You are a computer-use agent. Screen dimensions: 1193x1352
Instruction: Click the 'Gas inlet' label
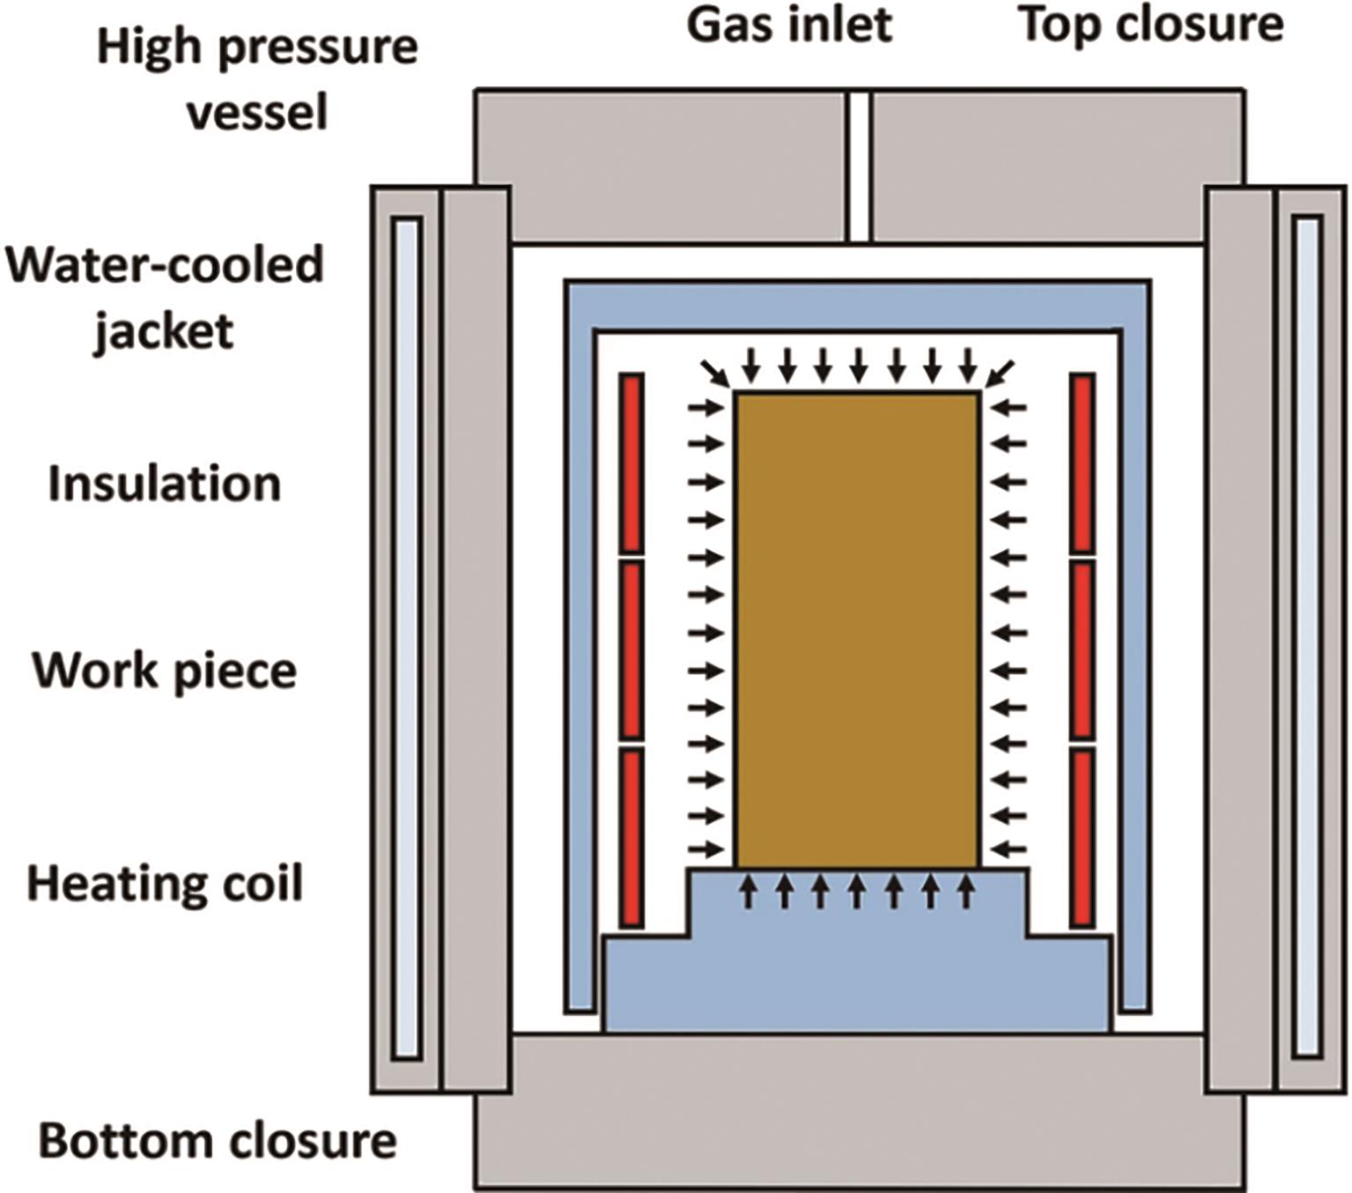point(789,26)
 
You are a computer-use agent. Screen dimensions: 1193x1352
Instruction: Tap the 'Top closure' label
point(1151,26)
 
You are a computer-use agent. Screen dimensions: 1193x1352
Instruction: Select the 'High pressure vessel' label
point(257,79)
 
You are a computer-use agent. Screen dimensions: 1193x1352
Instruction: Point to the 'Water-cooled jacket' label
point(165,298)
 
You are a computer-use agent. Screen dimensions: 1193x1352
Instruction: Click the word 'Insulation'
point(165,484)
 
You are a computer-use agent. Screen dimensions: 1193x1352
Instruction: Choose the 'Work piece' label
point(165,671)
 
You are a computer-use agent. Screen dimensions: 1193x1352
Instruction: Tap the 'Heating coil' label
point(165,883)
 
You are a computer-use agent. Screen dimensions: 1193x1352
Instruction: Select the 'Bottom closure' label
point(218,1141)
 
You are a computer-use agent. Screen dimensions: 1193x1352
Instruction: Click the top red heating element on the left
point(631,463)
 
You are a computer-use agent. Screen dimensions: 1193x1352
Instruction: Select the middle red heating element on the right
point(1082,649)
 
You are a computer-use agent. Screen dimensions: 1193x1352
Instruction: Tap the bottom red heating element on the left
point(631,837)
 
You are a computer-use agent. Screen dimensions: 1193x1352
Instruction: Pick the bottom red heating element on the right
point(1082,837)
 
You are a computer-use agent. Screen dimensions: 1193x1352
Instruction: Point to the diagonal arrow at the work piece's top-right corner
point(1000,373)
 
